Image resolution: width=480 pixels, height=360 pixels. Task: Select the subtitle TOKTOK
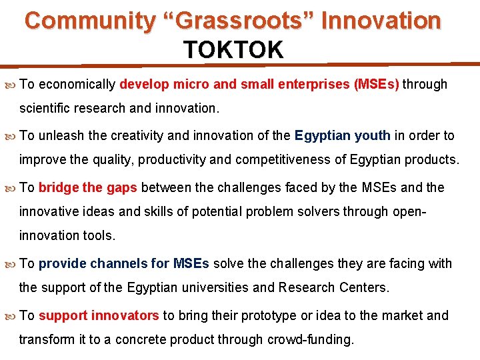(x=233, y=49)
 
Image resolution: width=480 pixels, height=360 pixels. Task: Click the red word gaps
(x=121, y=187)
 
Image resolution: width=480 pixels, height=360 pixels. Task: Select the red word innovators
(x=125, y=315)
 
